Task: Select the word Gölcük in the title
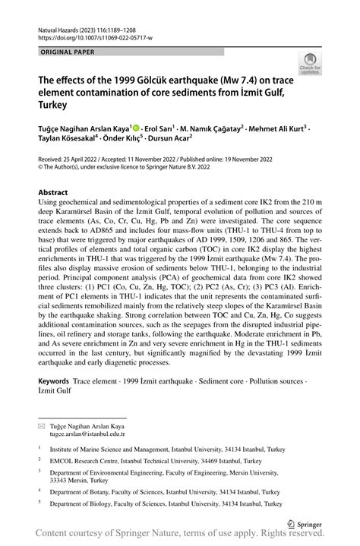click(x=143, y=80)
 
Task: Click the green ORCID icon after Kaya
click(x=137, y=129)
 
